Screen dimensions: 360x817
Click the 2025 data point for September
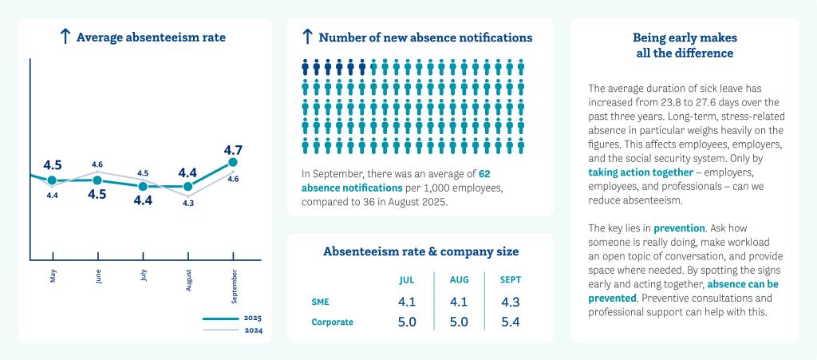pyautogui.click(x=233, y=163)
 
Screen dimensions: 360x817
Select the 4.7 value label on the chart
pyautogui.click(x=233, y=149)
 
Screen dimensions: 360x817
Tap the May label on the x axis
pyautogui.click(x=53, y=275)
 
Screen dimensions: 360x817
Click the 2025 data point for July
pyautogui.click(x=143, y=186)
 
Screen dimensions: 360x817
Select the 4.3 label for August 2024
pyautogui.click(x=188, y=204)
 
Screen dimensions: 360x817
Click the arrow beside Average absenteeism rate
pyautogui.click(x=65, y=37)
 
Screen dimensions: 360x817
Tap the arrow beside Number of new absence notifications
pyautogui.click(x=307, y=37)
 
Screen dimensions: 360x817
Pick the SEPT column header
pyautogui.click(x=511, y=280)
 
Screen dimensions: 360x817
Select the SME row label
pyautogui.click(x=320, y=303)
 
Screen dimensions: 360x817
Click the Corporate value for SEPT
pyautogui.click(x=511, y=322)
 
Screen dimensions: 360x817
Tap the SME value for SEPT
pyautogui.click(x=511, y=303)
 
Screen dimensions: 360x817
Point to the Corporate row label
pyautogui.click(x=332, y=322)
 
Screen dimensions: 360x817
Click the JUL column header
pyautogui.click(x=407, y=280)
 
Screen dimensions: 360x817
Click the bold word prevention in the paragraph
pyautogui.click(x=680, y=228)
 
